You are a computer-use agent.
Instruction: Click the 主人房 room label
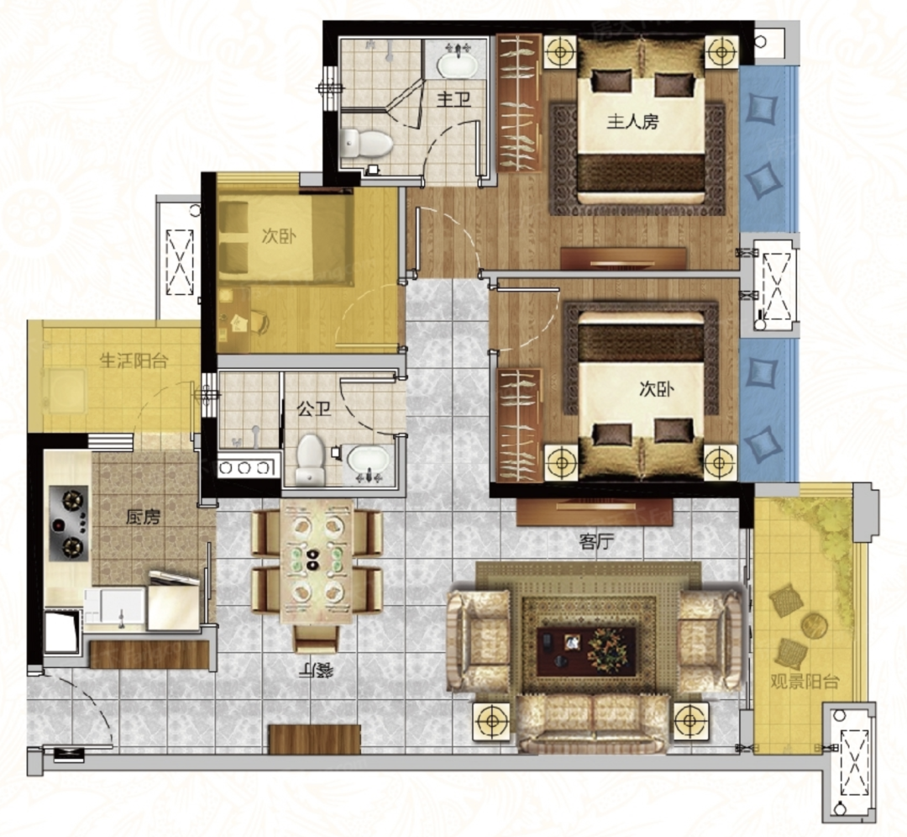pyautogui.click(x=632, y=122)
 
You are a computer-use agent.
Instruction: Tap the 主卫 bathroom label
pyautogui.click(x=453, y=100)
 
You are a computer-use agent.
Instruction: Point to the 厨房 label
pyautogui.click(x=143, y=517)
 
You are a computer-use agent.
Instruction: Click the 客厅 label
pyautogui.click(x=596, y=542)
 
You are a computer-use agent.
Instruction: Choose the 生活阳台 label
pyautogui.click(x=134, y=361)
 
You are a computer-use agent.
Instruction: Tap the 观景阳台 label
pyautogui.click(x=804, y=682)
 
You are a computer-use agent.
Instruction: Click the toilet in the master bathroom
pyautogui.click(x=366, y=143)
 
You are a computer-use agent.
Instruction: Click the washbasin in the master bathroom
pyautogui.click(x=457, y=62)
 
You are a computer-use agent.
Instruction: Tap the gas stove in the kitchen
pyautogui.click(x=70, y=524)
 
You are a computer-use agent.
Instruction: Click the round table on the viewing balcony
pyautogui.click(x=814, y=625)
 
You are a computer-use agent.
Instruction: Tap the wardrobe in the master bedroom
pyautogui.click(x=520, y=103)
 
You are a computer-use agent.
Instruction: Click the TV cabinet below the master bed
pyautogui.click(x=623, y=258)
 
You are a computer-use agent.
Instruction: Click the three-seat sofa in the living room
pyautogui.click(x=593, y=724)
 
